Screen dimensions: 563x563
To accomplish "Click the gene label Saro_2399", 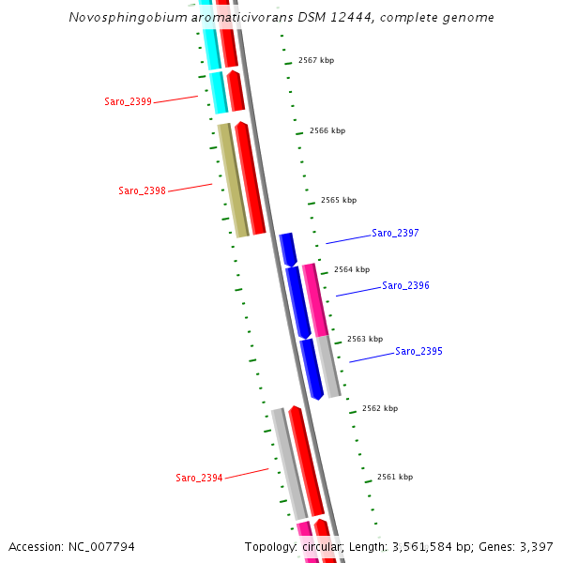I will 128,101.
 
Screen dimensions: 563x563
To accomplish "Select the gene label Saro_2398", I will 142,191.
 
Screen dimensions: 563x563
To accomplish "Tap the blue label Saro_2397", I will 395,233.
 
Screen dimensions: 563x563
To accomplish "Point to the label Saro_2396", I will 405,285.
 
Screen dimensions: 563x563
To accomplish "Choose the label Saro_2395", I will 418,351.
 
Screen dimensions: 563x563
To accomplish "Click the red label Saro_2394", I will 199,478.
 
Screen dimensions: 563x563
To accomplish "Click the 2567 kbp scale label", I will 316,60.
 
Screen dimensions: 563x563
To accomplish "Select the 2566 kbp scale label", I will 327,130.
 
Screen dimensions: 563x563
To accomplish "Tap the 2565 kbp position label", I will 339,200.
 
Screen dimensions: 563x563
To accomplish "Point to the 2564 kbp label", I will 352,269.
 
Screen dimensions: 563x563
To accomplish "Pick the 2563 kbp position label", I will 365,339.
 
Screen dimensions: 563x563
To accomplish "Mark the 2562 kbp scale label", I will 380,408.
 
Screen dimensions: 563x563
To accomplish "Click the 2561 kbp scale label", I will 395,477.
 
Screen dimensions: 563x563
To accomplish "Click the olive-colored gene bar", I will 233,179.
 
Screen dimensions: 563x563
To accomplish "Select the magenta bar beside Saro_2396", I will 315,300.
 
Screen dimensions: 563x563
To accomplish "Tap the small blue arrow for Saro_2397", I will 288,249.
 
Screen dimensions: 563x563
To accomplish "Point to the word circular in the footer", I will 323,546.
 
